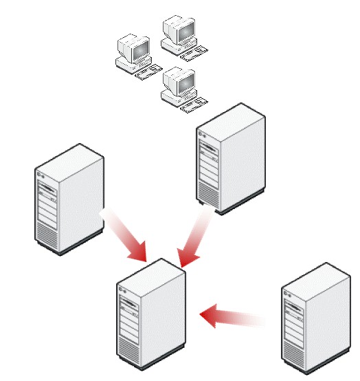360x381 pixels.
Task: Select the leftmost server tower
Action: coord(69,199)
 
